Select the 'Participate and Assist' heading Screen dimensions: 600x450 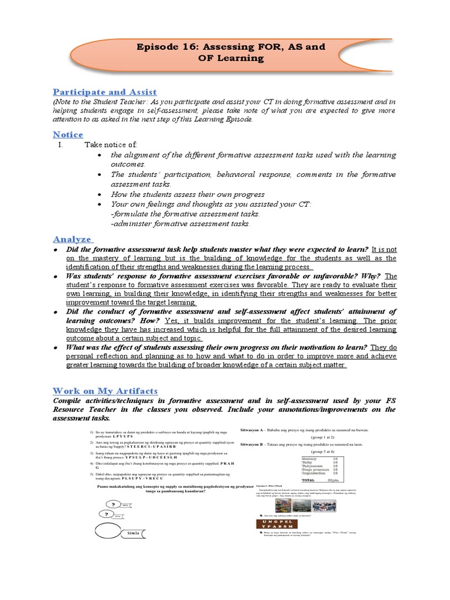[105, 92]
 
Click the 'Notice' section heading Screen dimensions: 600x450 [68, 134]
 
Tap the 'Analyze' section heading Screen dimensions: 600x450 [72, 238]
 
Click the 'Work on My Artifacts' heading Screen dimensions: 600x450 [105, 390]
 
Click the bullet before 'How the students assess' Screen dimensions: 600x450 [102, 194]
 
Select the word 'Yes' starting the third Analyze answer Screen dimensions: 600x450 [173, 322]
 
